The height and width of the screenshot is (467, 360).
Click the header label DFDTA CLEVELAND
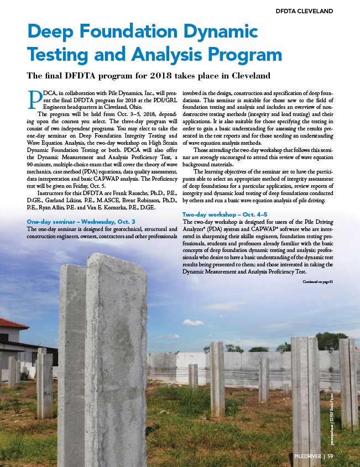pyautogui.click(x=304, y=11)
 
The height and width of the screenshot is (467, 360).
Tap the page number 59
pyautogui.click(x=330, y=456)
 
